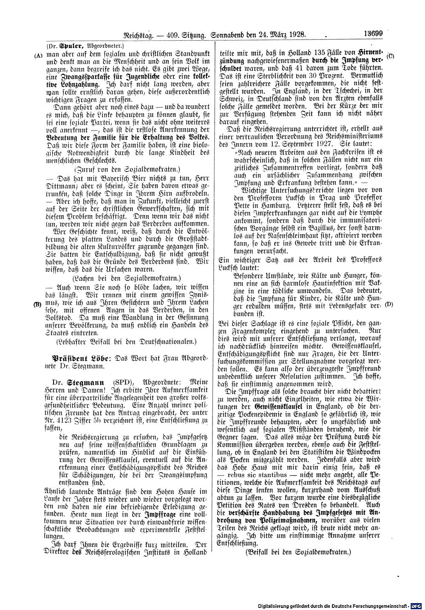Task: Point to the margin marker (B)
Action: click(38, 304)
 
